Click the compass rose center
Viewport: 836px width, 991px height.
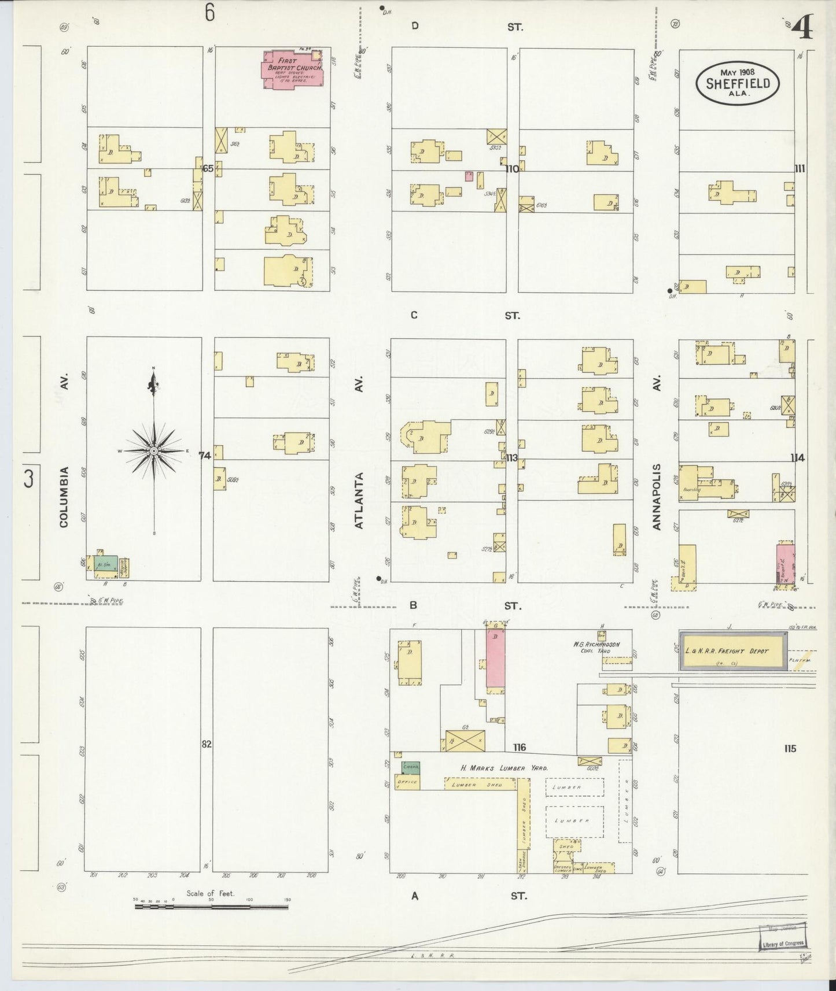154,450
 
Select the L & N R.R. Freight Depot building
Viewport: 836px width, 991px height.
732,651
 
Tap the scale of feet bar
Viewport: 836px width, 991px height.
211,907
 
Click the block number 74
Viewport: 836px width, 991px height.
205,456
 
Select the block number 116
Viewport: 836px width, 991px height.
519,748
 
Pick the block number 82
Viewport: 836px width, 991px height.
207,744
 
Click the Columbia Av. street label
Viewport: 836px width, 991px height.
64,497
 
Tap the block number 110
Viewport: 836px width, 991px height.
511,169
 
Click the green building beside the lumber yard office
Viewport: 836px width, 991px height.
411,768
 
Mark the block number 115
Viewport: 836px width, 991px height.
790,748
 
